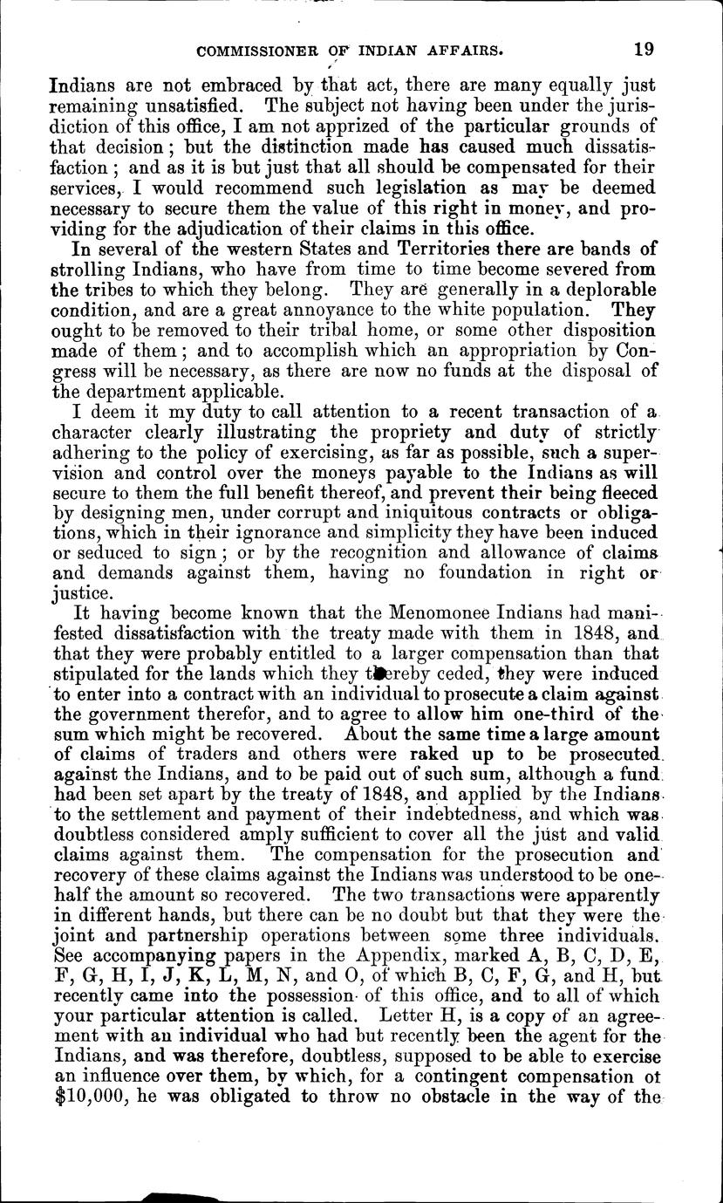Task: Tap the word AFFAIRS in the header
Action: pos(457,51)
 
